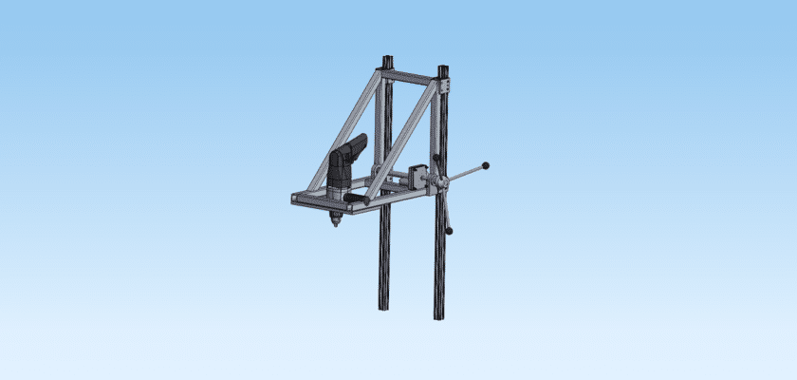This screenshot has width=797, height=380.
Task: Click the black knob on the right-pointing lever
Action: pos(487,165)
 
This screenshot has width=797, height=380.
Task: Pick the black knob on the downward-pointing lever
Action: pos(449,229)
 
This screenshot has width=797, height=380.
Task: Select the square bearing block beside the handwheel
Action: pos(417,179)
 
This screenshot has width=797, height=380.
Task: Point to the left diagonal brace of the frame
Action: pos(347,134)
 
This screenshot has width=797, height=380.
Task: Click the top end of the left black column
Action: pos(386,61)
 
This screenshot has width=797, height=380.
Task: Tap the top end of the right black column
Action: pos(443,68)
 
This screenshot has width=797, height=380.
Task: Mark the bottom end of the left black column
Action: pos(385,305)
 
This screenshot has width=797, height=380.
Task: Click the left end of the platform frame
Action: pos(295,199)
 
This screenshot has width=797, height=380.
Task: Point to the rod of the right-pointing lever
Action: pos(465,174)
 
